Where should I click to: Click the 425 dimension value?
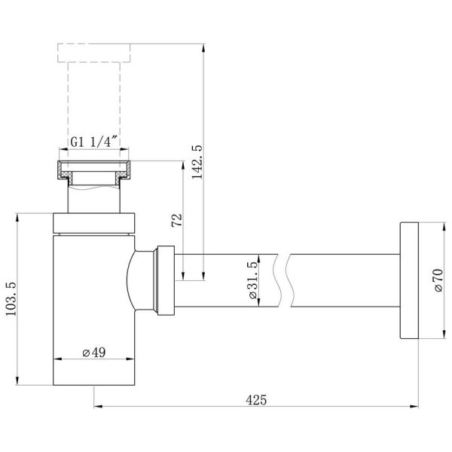click(x=256, y=400)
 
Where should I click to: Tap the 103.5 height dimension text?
click(x=11, y=299)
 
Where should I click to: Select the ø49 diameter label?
click(x=94, y=353)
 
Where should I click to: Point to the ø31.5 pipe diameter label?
click(x=252, y=280)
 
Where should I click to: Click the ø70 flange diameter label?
click(x=438, y=280)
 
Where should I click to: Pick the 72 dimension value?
click(x=177, y=220)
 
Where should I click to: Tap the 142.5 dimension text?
click(x=197, y=162)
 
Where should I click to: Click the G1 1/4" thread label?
click(x=94, y=142)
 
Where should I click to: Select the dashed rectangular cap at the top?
click(x=93, y=53)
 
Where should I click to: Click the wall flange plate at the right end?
click(x=409, y=280)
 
